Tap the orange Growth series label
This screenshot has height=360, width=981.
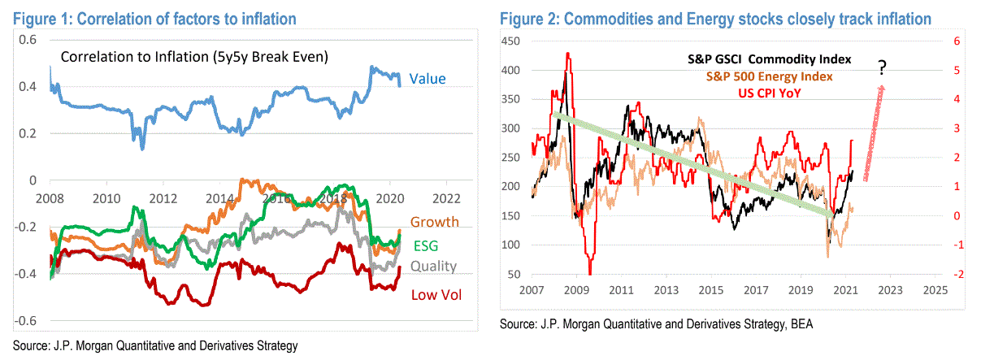tap(434, 222)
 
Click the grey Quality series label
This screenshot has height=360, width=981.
tap(433, 266)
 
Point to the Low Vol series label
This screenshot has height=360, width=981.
tap(436, 294)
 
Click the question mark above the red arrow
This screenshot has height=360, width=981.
tap(882, 71)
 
